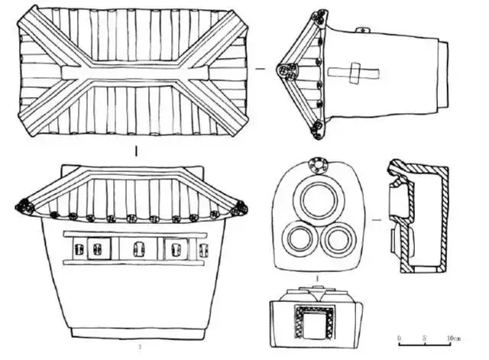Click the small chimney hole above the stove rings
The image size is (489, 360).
pyautogui.click(x=315, y=166)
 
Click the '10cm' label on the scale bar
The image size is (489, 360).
pyautogui.click(x=452, y=336)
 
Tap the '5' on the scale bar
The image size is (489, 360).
pyautogui.click(x=424, y=336)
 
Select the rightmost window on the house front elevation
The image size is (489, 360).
pyautogui.click(x=202, y=249)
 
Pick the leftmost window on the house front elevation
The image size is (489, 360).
pyautogui.click(x=77, y=249)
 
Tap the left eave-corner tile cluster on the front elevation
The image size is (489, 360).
pyautogui.click(x=24, y=207)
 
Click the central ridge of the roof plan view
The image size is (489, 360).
pyautogui.click(x=134, y=73)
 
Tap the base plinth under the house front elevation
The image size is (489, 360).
pyautogui.click(x=137, y=333)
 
